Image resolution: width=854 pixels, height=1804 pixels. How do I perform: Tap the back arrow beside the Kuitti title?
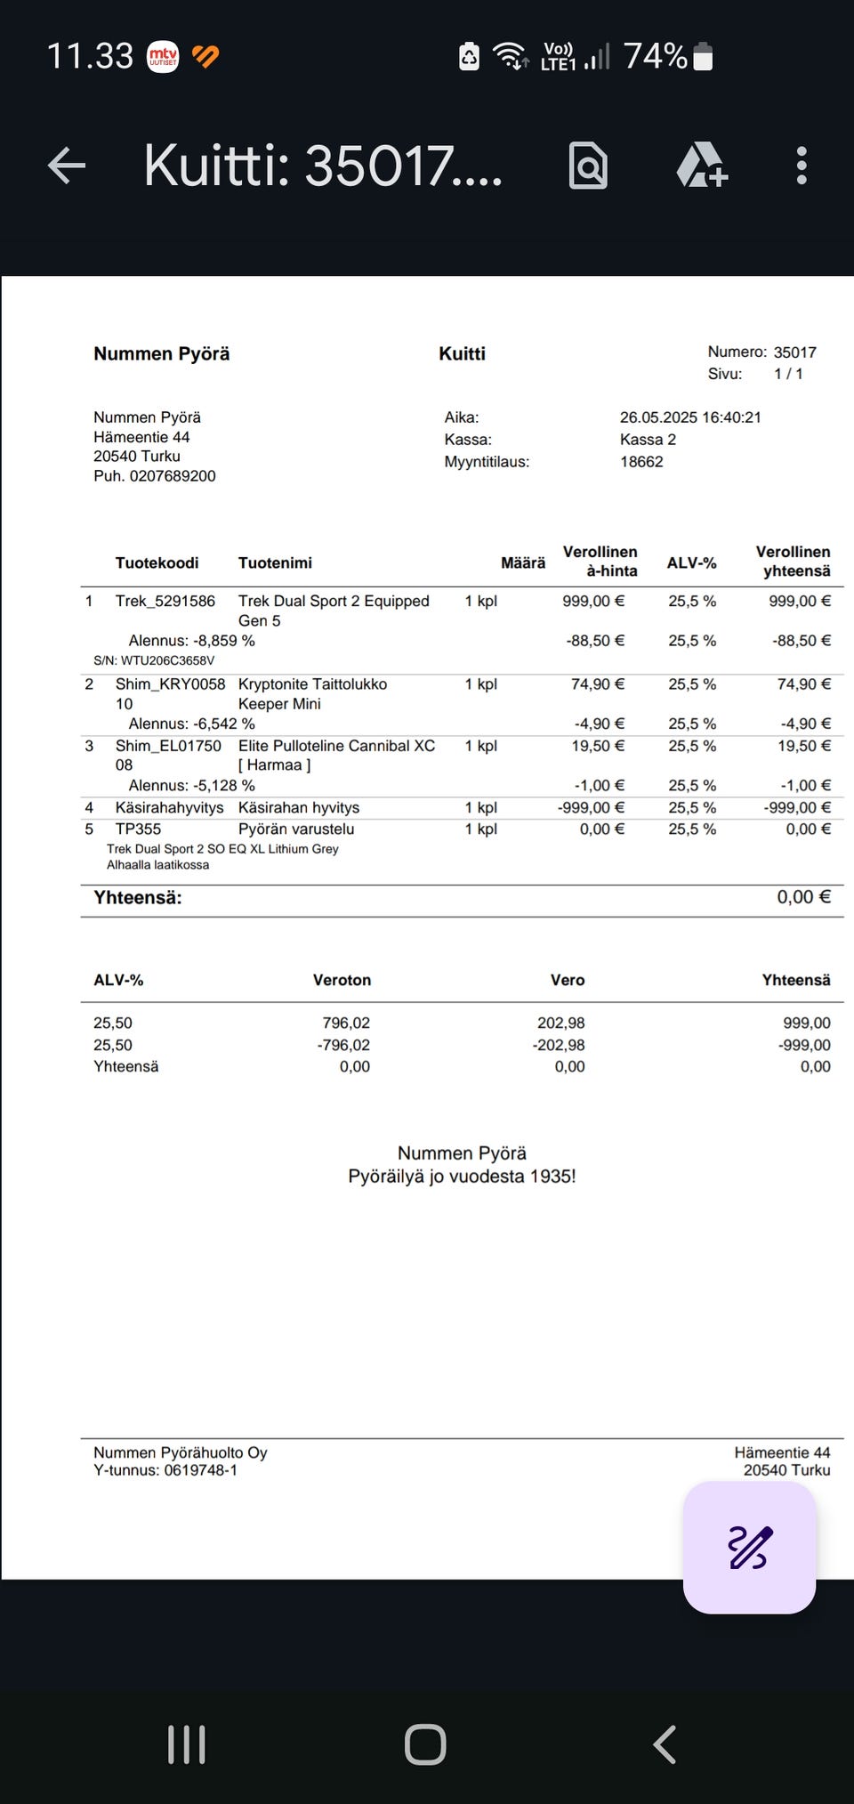pyautogui.click(x=67, y=166)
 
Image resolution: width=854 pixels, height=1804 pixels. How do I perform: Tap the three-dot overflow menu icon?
pyautogui.click(x=802, y=166)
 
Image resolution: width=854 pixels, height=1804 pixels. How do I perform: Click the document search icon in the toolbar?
pyautogui.click(x=588, y=166)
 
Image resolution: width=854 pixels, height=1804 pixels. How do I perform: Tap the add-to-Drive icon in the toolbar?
pyautogui.click(x=702, y=166)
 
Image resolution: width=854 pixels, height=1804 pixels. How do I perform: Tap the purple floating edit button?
pyautogui.click(x=749, y=1547)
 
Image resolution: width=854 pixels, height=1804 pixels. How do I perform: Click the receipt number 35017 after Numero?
pyautogui.click(x=794, y=352)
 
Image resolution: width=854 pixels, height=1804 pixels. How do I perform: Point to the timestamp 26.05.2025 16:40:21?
pyautogui.click(x=690, y=417)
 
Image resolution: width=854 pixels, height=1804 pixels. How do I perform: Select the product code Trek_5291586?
pyautogui.click(x=165, y=602)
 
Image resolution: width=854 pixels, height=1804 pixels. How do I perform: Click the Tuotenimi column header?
pyautogui.click(x=275, y=562)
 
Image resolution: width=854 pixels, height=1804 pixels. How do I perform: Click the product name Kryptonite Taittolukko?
pyautogui.click(x=312, y=684)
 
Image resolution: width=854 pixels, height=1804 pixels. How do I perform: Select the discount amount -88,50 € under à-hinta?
pyautogui.click(x=595, y=641)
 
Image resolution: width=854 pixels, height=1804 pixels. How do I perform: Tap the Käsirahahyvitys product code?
pyautogui.click(x=169, y=808)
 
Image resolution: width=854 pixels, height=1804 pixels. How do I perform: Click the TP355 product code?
pyautogui.click(x=138, y=829)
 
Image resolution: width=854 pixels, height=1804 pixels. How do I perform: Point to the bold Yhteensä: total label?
pyautogui.click(x=138, y=898)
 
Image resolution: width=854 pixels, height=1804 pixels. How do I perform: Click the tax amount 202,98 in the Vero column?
pyautogui.click(x=560, y=1023)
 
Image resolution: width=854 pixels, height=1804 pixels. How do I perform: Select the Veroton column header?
pyautogui.click(x=342, y=980)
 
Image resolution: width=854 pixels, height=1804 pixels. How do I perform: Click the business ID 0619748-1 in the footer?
pyautogui.click(x=200, y=1470)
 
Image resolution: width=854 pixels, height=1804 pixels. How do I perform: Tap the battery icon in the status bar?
pyautogui.click(x=703, y=57)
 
